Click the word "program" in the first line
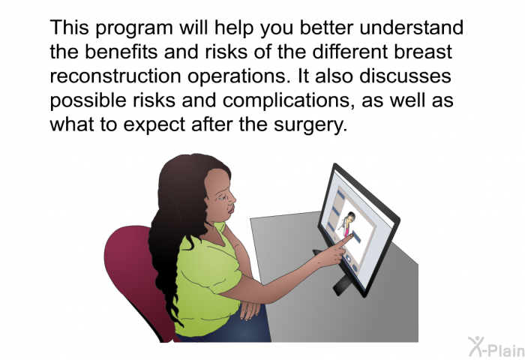134,28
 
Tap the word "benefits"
121,52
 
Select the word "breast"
422,52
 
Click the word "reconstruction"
115,76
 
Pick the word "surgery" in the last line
308,125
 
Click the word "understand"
412,28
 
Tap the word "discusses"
405,76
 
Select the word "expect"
154,125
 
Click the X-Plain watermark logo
496,347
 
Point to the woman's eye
222,197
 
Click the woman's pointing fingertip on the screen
351,235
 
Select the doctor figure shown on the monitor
349,223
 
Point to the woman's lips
231,210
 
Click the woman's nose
232,199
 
